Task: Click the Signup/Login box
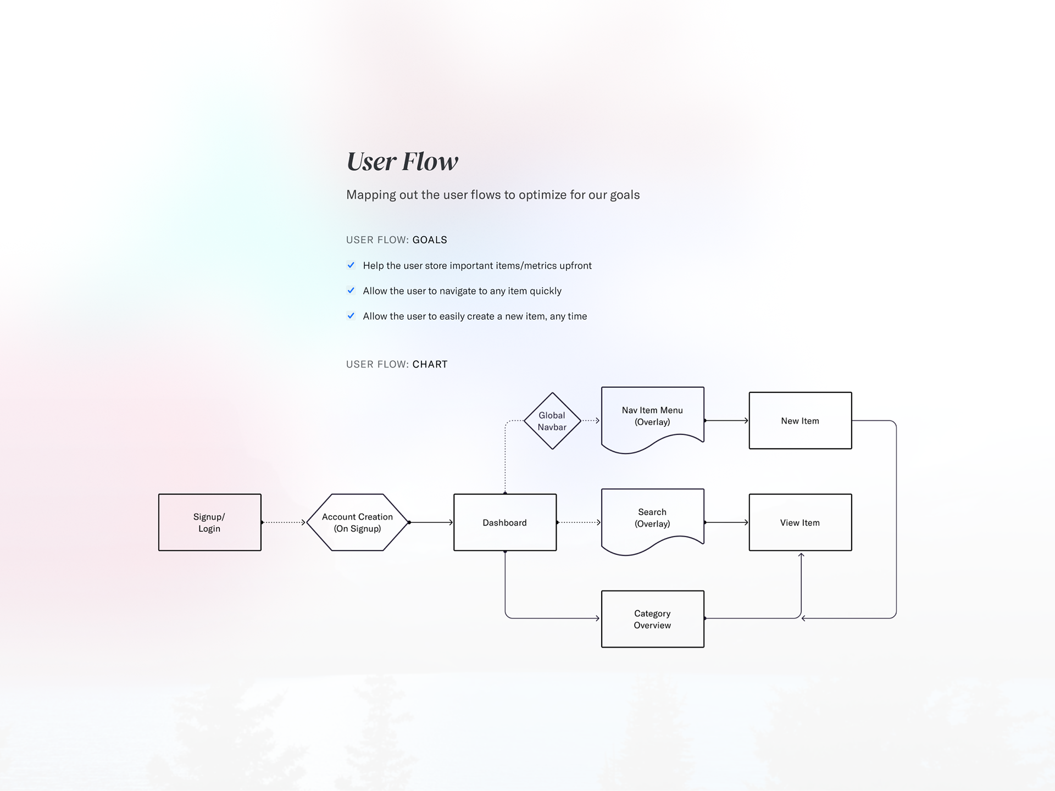[x=209, y=522]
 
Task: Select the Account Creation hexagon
[x=357, y=522]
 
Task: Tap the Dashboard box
[x=504, y=522]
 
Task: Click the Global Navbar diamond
[x=552, y=421]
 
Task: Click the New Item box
[x=800, y=421]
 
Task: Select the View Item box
[x=800, y=522]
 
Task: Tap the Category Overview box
[x=652, y=619]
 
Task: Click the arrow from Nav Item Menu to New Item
[x=726, y=421]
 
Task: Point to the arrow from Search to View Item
[x=726, y=522]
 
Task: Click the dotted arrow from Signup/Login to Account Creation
[x=284, y=522]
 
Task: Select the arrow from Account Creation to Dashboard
[x=431, y=522]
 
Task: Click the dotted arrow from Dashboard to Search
[x=579, y=522]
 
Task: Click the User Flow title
[x=402, y=161]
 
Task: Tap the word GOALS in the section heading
[x=430, y=240]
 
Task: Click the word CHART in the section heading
[x=430, y=364]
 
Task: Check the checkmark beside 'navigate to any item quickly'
[x=351, y=291]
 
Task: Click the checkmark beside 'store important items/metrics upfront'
[x=351, y=265]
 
